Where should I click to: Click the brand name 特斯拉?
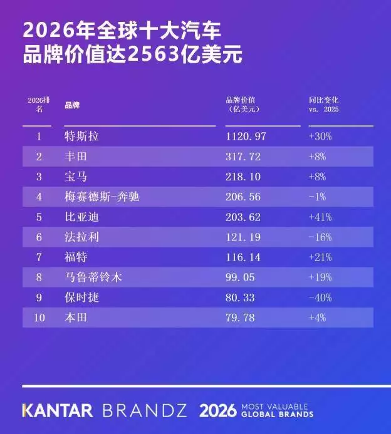81,136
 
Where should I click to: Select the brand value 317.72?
243,157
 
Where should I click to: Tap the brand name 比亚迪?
81,217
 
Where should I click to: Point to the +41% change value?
320,217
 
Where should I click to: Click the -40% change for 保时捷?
320,297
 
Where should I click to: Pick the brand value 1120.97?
246,136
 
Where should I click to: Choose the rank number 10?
39,318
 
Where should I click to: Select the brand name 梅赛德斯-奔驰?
102,197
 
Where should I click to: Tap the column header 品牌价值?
241,100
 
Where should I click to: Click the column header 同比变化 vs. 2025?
324,105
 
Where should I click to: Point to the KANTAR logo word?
57,410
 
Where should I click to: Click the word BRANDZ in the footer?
145,410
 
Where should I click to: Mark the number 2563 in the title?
154,54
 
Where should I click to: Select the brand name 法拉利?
81,237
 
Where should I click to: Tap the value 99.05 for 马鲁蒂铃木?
240,277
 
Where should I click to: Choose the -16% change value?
320,237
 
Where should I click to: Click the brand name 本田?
76,318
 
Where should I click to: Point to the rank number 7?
39,257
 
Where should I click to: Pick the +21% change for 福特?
320,257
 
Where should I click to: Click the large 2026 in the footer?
218,410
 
